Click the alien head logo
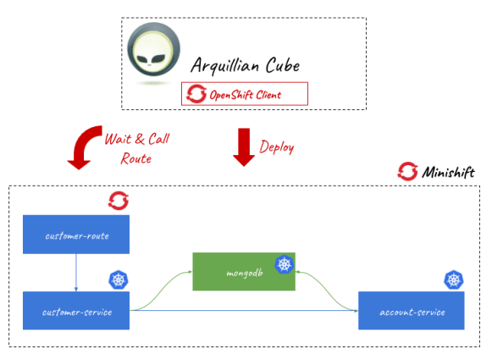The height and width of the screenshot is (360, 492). point(153,53)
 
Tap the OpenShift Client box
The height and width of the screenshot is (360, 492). point(245,94)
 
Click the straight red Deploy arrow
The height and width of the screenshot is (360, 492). point(244,146)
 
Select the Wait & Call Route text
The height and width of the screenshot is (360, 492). point(129,147)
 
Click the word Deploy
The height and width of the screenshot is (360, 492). point(277,146)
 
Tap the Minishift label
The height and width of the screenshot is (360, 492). point(446,172)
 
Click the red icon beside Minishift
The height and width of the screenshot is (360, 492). point(407,171)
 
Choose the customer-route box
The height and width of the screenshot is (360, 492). point(76,235)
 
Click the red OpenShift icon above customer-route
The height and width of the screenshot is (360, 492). point(118,201)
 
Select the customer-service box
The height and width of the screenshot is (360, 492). point(76,311)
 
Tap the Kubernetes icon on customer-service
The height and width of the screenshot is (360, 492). point(118,279)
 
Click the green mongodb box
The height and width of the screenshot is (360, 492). point(243,273)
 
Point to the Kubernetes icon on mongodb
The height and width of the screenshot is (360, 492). point(285,267)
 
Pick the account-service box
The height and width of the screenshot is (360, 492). point(411,311)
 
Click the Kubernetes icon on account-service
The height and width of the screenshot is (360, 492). point(455,279)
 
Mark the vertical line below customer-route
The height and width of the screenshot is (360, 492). point(76,273)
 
